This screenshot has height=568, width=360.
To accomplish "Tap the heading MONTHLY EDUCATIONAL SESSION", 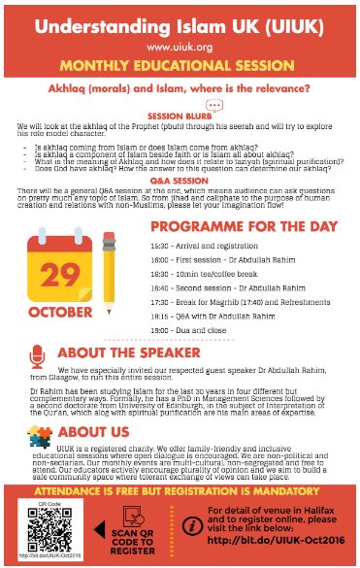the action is point(180,65).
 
